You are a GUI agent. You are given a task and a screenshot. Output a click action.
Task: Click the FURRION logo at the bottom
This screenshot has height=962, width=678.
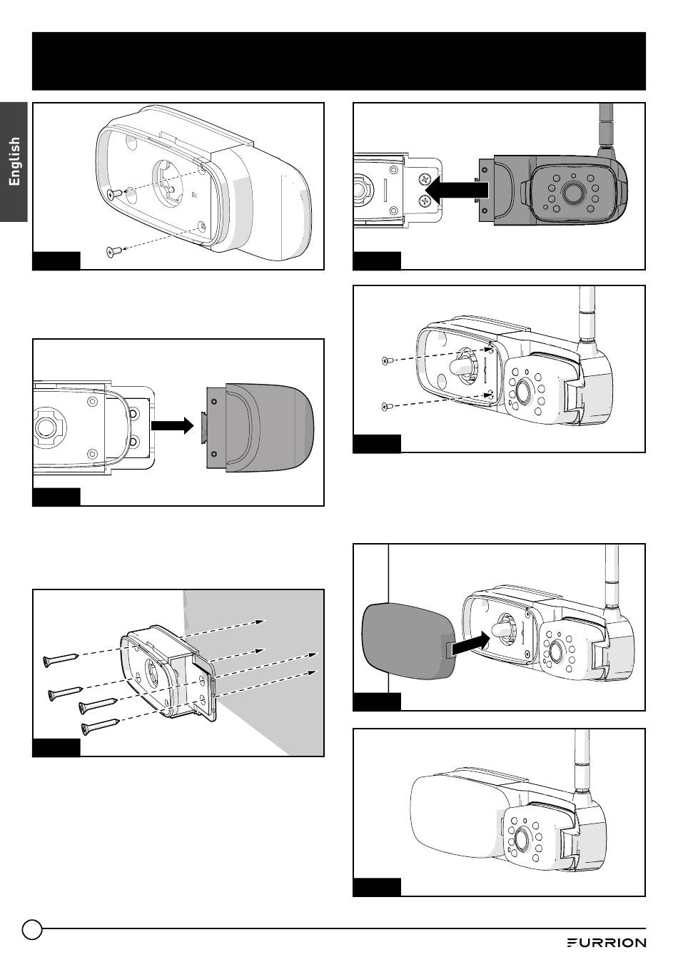click(606, 942)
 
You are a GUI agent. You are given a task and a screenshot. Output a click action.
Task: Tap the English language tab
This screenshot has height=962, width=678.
click(14, 161)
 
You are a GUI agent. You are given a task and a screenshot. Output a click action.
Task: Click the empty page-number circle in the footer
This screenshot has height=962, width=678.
click(32, 929)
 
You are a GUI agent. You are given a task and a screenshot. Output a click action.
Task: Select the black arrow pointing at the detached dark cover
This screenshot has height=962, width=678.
click(172, 425)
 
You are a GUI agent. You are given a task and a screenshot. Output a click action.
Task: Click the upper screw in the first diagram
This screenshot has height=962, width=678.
click(112, 193)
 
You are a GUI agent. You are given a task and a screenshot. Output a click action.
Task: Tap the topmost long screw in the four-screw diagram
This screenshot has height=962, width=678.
click(60, 659)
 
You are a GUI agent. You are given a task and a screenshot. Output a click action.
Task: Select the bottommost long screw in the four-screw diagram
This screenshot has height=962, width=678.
click(98, 727)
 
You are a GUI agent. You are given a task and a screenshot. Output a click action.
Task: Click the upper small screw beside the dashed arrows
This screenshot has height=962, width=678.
click(386, 361)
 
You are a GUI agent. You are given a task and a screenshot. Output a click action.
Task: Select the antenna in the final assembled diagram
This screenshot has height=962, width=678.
click(583, 759)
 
